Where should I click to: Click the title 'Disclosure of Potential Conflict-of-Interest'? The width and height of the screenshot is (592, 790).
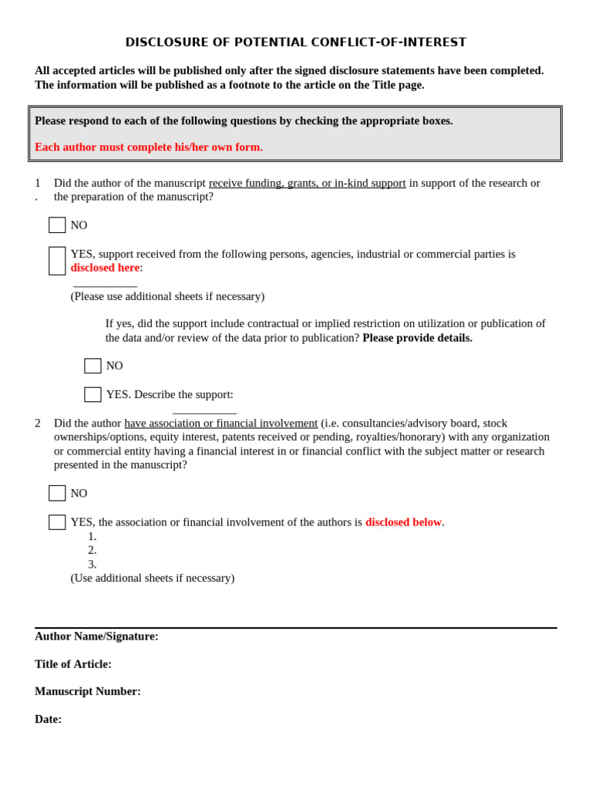tap(296, 42)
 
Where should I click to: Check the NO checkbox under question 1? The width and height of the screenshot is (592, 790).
tap(57, 225)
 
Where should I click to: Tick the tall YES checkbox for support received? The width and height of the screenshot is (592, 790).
tap(57, 261)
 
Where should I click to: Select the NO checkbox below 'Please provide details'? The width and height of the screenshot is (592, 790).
tap(92, 366)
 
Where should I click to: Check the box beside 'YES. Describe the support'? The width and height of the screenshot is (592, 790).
tap(92, 394)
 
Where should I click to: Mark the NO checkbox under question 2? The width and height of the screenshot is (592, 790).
tap(57, 493)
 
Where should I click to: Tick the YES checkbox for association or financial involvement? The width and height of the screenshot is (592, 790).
tap(57, 522)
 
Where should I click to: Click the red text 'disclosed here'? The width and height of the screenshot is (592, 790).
tap(105, 268)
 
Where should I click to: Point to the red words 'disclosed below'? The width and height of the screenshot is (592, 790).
tap(403, 522)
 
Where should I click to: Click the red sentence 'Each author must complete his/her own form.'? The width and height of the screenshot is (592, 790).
tap(149, 147)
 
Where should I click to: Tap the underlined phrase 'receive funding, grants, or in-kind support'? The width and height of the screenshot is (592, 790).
tap(307, 183)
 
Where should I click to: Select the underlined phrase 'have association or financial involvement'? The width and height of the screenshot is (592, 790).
tap(220, 423)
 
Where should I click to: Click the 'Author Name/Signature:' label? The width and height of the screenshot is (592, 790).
tap(96, 636)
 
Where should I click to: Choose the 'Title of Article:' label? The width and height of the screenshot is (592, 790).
tap(73, 664)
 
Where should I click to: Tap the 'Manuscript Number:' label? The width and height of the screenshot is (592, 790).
tap(88, 691)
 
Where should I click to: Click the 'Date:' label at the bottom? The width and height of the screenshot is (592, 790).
tap(48, 719)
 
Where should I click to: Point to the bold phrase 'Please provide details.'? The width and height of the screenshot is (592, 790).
tap(417, 338)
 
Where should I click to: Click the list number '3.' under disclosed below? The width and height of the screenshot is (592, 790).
tap(92, 564)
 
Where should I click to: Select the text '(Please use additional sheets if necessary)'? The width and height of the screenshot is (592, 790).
tap(167, 296)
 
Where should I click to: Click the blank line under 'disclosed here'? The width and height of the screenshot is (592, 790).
tap(106, 285)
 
